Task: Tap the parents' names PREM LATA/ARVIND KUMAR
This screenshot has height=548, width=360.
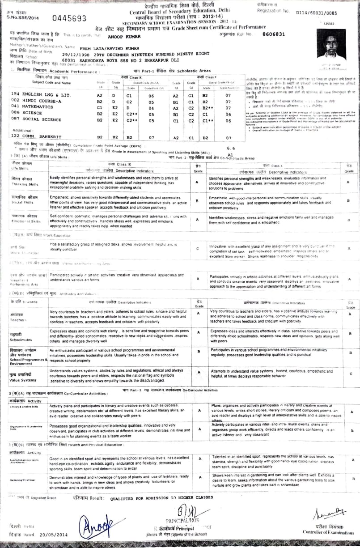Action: (104, 47)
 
